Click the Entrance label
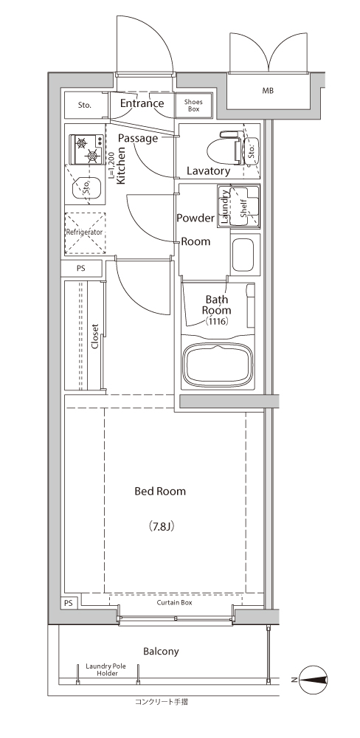[142, 103]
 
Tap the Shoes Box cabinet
[194, 105]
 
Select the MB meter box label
[268, 91]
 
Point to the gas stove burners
[86, 149]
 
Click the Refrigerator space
[85, 233]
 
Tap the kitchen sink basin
[86, 187]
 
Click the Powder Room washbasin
[243, 255]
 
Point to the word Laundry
[226, 206]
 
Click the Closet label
[94, 336]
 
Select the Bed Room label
[161, 492]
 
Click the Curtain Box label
[175, 602]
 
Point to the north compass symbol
[314, 679]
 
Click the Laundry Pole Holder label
[108, 670]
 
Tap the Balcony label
[161, 652]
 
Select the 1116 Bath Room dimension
[217, 322]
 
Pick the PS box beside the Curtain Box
[69, 604]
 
